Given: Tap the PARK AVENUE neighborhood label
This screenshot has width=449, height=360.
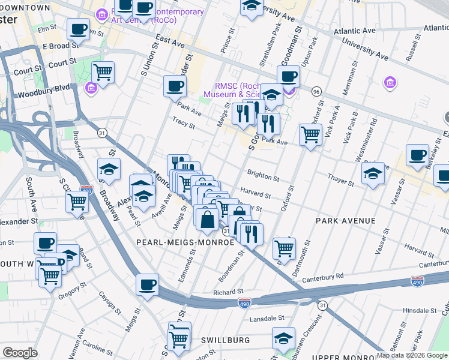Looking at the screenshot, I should coord(346,221).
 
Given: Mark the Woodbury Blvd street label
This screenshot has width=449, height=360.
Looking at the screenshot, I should coord(44,93).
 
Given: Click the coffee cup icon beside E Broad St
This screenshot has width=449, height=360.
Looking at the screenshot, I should coord(78,28).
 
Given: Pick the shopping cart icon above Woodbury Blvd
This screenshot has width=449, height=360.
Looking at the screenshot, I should coord(103,73).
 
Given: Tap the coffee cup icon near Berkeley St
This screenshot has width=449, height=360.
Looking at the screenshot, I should coord(418,155).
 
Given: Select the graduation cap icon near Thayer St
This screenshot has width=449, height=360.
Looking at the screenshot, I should coord(373,173).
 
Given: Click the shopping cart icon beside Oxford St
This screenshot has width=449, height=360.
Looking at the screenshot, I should coord(310,134).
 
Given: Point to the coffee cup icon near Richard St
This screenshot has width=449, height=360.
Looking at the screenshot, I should coord(147,284).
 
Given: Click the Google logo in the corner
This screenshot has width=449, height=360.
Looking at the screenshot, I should coord(20,353).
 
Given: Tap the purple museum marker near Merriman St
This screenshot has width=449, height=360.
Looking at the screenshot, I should coord(390,82).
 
